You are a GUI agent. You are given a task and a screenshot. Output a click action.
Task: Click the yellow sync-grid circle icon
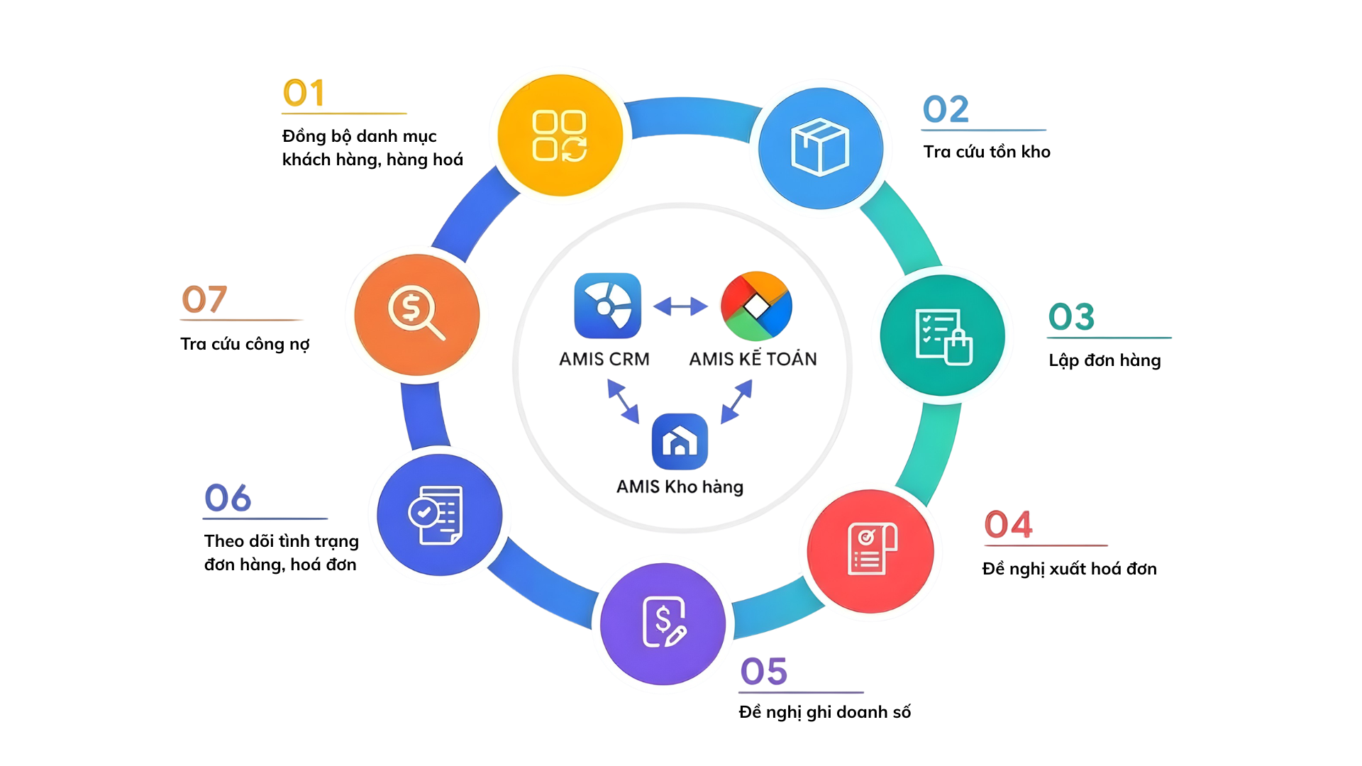tap(560, 135)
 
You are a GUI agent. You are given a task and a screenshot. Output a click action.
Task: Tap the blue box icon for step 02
tap(820, 148)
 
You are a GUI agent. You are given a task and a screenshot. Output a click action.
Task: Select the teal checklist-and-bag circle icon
tap(943, 335)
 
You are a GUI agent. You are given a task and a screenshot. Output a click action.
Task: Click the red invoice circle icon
tap(870, 551)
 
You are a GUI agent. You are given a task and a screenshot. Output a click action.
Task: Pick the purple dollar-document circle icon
tap(663, 623)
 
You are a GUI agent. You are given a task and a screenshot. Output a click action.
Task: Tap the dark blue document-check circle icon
tap(439, 515)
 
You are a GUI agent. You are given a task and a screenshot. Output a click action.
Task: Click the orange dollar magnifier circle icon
tap(416, 314)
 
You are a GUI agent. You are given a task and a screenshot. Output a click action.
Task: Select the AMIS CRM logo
tap(607, 306)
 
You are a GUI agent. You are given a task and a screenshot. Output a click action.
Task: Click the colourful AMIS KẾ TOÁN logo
tap(756, 306)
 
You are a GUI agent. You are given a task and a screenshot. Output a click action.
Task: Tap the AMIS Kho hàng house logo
tap(680, 441)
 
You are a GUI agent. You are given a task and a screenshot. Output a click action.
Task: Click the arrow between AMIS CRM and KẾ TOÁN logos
tap(680, 306)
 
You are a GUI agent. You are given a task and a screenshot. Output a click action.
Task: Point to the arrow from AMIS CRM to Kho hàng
tap(623, 401)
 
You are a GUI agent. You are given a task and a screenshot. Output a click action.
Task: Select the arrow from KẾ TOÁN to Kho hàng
tap(736, 401)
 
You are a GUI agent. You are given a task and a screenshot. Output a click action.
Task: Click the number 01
tap(304, 94)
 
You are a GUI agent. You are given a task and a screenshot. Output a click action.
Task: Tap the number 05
tap(763, 671)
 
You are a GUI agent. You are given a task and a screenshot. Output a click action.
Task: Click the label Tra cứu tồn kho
tap(986, 152)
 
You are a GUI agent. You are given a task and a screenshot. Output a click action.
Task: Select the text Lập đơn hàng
tap(1104, 360)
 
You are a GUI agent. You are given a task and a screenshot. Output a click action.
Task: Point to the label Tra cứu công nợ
tap(245, 344)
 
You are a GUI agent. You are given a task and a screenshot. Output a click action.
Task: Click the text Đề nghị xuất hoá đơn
tap(1069, 569)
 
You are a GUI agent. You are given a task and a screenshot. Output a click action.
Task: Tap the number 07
tap(204, 299)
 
